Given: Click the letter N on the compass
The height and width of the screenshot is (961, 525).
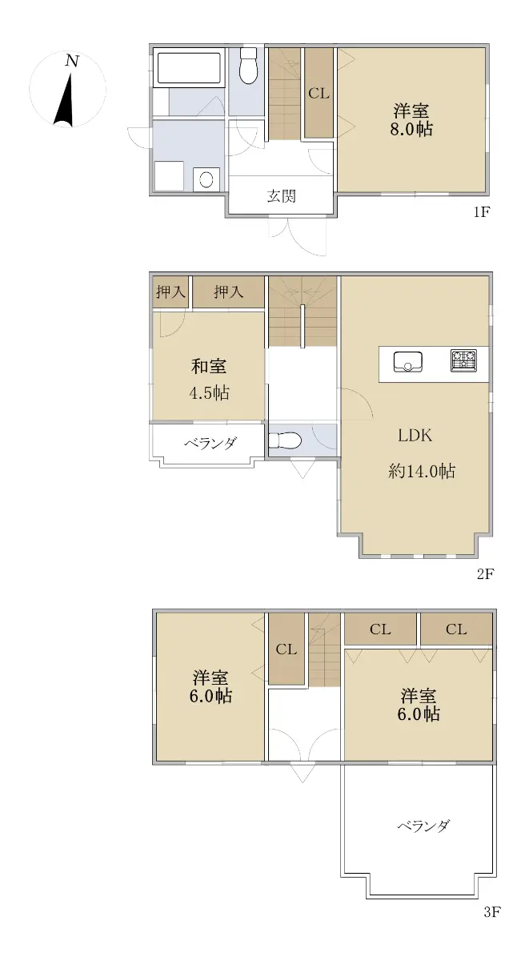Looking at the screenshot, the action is point(72,61).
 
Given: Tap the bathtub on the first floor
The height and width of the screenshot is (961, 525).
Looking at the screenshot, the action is point(189,68).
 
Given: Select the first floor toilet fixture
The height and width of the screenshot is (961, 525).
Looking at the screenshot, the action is point(247,66).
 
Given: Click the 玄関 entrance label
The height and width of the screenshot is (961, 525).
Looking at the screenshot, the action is point(281,196).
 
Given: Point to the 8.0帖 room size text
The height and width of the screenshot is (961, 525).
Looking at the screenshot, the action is point(411,129).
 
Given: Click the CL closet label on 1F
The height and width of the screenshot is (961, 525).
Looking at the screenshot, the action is point(319,93).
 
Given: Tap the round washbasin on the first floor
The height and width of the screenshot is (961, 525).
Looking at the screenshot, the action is point(206,179).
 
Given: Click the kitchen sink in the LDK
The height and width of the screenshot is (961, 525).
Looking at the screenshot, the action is point(408,362).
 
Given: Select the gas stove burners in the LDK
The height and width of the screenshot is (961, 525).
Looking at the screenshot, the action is point(463,361).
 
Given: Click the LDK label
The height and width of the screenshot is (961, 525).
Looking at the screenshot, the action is point(415,436).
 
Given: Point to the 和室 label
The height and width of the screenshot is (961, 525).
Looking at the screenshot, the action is point(209,366).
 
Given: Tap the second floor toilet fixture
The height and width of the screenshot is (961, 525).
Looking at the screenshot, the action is point(285,440).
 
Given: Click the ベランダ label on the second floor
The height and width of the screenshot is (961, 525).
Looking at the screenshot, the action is point(210,443).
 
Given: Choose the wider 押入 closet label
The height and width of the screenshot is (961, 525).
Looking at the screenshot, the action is point(228,292).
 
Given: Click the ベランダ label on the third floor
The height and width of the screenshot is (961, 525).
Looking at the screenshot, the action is point(423,825).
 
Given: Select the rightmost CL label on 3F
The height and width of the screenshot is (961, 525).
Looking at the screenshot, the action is point(456,629).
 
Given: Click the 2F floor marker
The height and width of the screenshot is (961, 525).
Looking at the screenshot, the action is point(486,573).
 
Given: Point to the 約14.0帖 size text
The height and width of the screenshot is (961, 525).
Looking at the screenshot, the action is point(422,472).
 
